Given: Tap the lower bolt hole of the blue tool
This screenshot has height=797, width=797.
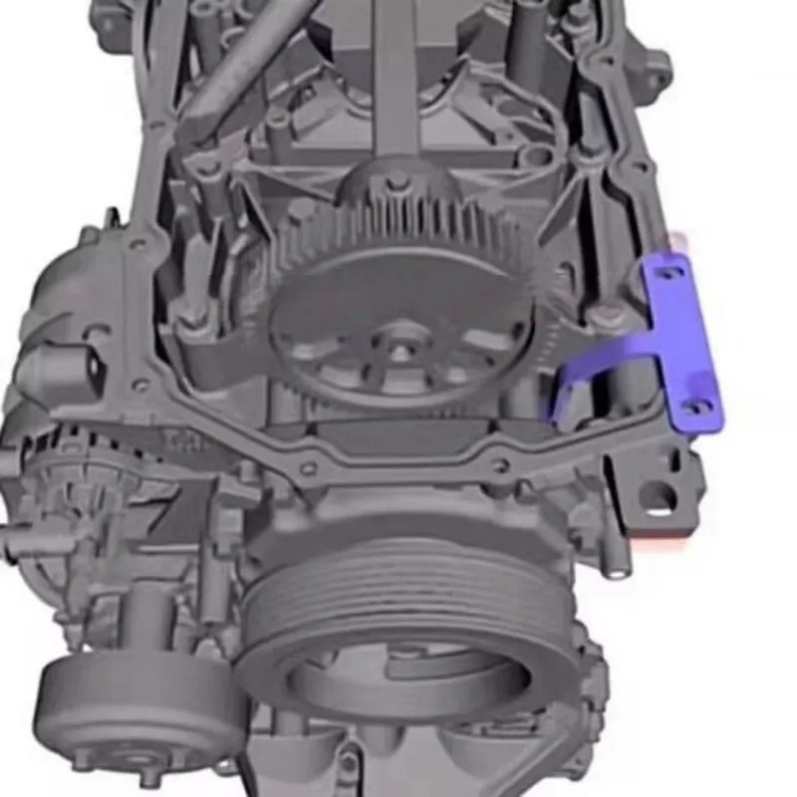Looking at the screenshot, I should (699, 406).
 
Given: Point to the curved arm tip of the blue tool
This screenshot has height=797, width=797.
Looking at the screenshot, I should (551, 408).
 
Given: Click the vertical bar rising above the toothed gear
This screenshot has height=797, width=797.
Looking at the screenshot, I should (396, 80).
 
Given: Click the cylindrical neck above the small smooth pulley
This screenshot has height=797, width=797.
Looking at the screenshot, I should (149, 618).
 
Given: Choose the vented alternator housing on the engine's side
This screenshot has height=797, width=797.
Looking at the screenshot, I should (60, 498).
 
